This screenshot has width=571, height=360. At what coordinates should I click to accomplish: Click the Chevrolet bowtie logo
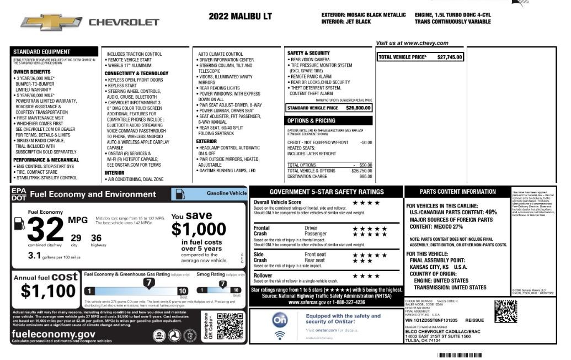pos(51,23)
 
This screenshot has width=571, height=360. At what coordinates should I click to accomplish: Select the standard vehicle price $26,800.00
pos(358,108)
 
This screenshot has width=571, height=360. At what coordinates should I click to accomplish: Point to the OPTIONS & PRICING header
pos(311,120)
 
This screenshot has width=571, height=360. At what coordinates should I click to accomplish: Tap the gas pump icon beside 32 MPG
pos(19,223)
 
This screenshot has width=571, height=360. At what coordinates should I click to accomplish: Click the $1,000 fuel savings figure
pos(199,229)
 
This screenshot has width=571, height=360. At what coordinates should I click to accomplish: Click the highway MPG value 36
pos(96,237)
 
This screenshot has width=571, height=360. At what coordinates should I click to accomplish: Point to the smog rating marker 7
pos(222,284)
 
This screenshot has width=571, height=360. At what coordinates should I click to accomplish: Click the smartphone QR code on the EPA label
pos(230,326)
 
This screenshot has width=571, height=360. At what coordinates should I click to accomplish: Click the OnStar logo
pos(280,320)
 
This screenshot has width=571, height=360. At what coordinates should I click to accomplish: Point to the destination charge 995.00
pos(366,177)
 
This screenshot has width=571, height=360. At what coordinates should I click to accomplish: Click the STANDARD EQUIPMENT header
pos(42,52)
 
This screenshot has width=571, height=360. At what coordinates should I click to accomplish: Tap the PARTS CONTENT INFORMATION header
pos(457,192)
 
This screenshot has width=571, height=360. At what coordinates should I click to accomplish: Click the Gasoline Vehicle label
pos(227,194)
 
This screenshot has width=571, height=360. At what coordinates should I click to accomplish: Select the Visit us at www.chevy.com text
pos(412,43)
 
